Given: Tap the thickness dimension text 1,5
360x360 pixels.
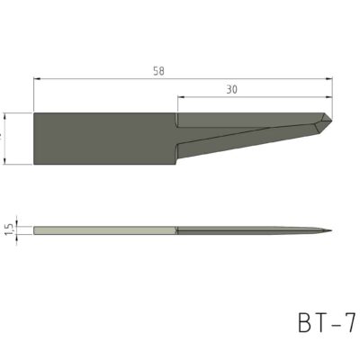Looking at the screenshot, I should point(9,230).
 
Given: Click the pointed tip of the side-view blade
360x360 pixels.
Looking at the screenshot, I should point(331,124).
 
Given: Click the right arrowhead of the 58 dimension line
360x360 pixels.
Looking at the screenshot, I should point(328,78).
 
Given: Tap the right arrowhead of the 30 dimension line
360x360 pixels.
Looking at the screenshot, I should point(328,97).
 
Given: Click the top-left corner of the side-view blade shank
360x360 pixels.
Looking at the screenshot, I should point(34,112).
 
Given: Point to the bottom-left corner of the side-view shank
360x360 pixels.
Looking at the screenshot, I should point(34,165).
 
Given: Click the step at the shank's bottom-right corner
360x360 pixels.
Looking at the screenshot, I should point(176,164).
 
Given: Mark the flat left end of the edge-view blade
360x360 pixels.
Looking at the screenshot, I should point(35,230).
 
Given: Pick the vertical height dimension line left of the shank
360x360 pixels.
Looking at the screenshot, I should point(7,139).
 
